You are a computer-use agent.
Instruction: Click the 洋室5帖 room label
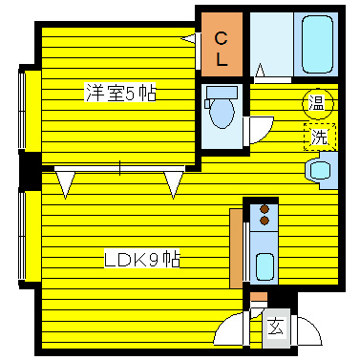click(x=120, y=94)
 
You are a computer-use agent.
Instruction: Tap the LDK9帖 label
click(x=143, y=259)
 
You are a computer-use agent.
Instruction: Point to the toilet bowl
click(x=222, y=114)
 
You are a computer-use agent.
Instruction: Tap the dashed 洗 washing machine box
click(x=320, y=137)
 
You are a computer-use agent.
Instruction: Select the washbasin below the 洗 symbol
click(x=319, y=169)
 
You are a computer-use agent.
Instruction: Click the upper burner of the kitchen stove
click(x=264, y=207)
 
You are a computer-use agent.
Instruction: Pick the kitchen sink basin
click(x=265, y=265)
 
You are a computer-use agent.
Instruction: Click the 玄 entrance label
click(x=275, y=327)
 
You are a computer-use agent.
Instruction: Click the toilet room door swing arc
click(x=258, y=130)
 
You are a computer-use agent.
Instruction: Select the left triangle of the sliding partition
click(x=65, y=182)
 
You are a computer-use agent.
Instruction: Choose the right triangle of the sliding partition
click(x=174, y=182)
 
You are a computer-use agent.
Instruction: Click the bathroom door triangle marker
click(x=261, y=69)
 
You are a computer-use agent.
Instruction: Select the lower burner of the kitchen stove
click(x=264, y=222)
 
